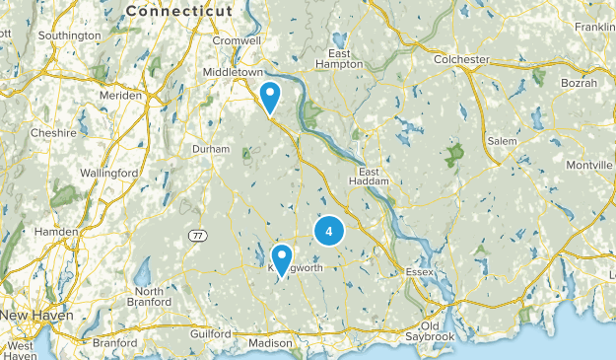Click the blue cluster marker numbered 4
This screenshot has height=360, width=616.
tap(328, 232)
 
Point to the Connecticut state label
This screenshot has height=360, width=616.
tap(179, 11)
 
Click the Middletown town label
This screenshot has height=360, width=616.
tap(233, 73)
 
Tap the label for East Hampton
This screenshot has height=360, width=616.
tap(340, 58)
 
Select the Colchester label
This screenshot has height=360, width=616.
tap(462, 59)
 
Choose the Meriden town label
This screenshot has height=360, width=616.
tap(121, 96)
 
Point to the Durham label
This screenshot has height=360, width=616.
tap(211, 149)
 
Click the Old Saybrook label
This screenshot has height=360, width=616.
tap(432, 331)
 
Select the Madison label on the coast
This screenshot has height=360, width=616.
tap(270, 342)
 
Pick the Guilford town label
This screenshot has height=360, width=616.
tap(210, 334)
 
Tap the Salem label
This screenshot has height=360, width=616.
tap(502, 141)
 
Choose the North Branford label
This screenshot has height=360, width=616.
tap(150, 297)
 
